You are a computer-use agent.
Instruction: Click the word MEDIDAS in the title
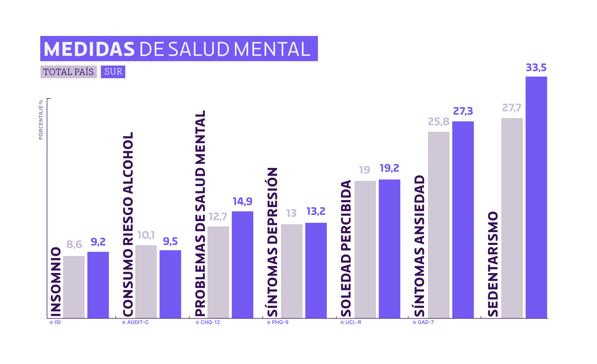[x=89, y=49]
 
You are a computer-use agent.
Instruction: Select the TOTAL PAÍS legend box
[x=68, y=72]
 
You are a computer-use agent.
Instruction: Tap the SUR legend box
[x=113, y=72]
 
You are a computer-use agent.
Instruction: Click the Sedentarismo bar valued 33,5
[x=536, y=197]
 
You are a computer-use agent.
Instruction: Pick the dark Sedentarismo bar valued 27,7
[x=512, y=218]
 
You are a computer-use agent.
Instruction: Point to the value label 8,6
[x=74, y=244]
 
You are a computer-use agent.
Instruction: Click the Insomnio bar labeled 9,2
[x=98, y=285]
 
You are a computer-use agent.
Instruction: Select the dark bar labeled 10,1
[x=146, y=281]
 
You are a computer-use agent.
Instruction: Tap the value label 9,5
[x=170, y=242]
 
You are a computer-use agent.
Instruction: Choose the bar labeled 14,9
[x=242, y=265]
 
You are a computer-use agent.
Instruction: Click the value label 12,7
[x=218, y=217]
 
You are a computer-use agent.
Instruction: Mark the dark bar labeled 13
[x=292, y=271]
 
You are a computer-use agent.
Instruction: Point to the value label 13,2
[x=316, y=211]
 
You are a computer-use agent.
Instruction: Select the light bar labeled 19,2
[x=389, y=249]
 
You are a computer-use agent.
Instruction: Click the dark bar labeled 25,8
[x=439, y=225]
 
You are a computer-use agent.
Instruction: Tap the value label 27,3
[x=463, y=111]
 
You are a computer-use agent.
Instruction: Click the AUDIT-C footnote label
[x=135, y=322]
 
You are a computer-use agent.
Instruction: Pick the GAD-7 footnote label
[x=423, y=322]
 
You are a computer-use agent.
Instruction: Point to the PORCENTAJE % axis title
[x=41, y=120]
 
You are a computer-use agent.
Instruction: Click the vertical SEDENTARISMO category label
[x=493, y=264]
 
